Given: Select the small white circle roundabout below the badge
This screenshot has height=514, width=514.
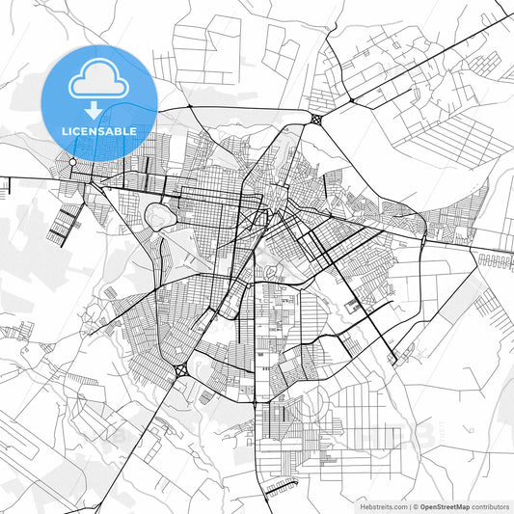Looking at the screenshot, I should point(72,161).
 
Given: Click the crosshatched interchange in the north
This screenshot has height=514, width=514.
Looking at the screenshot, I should point(318,121).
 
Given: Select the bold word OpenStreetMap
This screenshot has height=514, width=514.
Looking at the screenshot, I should point(445,506).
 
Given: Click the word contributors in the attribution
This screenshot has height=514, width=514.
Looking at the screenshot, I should point(490,506).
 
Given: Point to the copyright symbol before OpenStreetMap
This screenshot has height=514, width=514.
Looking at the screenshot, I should point(416,506).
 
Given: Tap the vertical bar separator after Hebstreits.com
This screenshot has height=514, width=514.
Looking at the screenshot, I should point(408,506).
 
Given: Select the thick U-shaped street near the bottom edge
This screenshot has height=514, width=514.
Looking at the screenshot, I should point(282,488).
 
